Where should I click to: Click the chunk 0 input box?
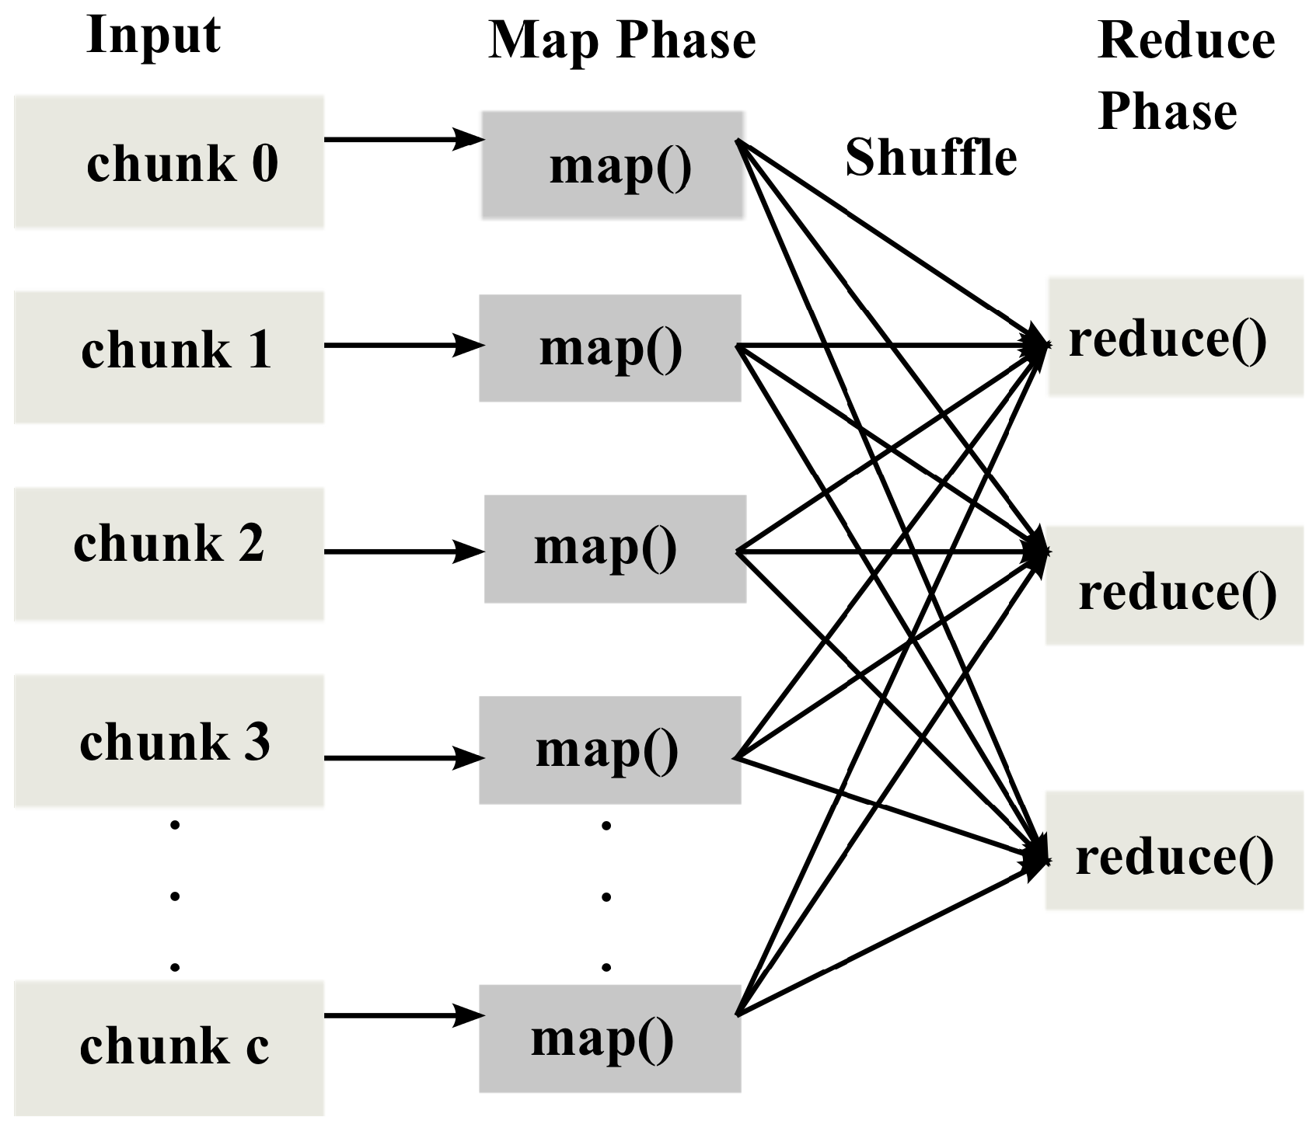point(169,162)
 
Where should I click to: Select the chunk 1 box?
point(169,357)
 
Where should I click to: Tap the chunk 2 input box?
point(169,553)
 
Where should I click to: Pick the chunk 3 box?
point(169,740)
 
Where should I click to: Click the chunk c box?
point(169,1047)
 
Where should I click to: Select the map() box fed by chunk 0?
point(612,165)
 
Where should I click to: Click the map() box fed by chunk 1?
point(609,348)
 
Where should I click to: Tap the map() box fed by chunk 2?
point(615,548)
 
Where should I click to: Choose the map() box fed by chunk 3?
point(609,750)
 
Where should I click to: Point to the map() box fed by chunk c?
point(609,1039)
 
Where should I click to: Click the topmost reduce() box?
point(1175,337)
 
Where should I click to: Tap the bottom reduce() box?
point(1174,851)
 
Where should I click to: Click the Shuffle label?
point(930,158)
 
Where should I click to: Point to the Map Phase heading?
point(622,40)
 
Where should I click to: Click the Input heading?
point(153,35)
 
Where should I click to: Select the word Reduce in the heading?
point(1186,40)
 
